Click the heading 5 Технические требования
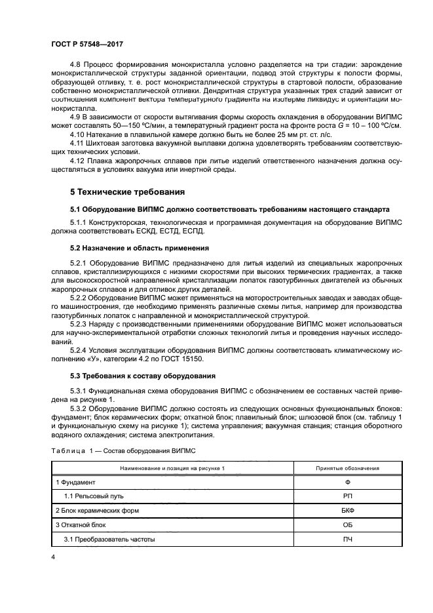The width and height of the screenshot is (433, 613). coord(126,192)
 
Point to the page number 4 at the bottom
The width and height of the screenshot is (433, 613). coord(52,557)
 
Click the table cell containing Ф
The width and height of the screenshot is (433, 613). coord(347,482)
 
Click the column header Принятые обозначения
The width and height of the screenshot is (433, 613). coord(347,468)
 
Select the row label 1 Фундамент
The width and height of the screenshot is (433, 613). coord(77,482)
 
